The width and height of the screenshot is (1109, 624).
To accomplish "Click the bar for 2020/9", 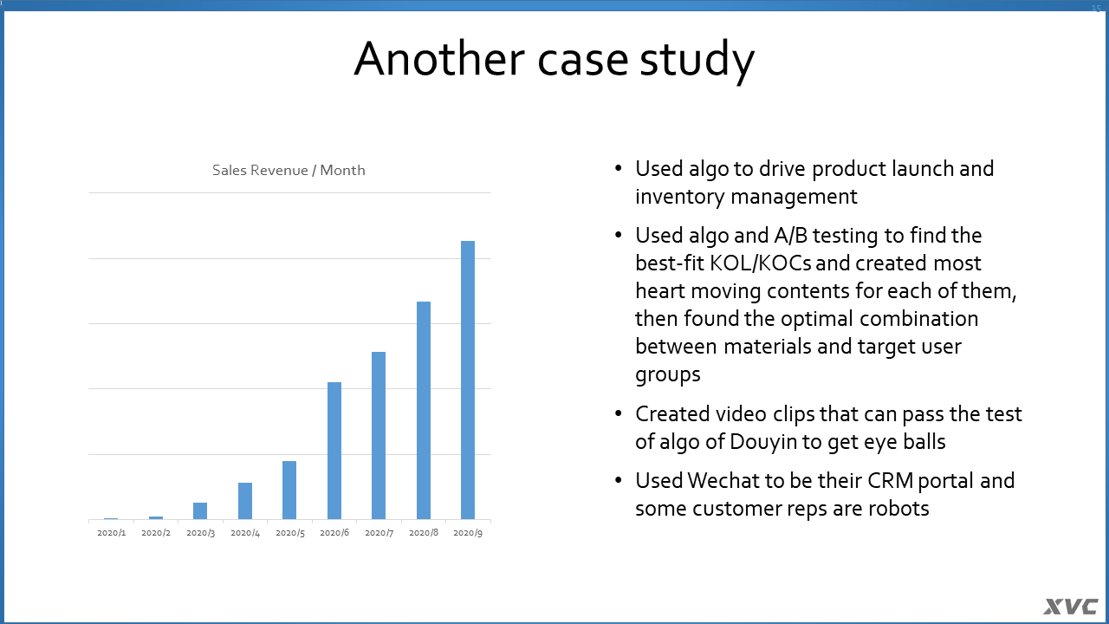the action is click(x=468, y=380).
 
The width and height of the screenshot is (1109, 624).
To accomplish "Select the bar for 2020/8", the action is click(x=424, y=410).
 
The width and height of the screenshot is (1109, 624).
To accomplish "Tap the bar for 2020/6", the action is click(x=334, y=451).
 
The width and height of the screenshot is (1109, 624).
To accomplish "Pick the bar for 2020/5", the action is click(x=289, y=491).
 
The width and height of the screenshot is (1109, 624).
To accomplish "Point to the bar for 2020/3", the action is click(x=200, y=511).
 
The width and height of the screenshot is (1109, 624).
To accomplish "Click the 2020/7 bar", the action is click(x=379, y=435).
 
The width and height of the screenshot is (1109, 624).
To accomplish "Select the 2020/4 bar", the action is click(x=245, y=501).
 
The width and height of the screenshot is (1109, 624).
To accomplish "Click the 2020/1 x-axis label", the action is click(x=112, y=533).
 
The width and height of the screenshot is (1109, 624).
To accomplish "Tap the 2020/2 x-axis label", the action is click(x=156, y=533).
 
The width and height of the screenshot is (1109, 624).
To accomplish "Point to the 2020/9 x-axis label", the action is click(x=468, y=533).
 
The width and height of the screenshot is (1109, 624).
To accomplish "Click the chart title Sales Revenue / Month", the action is click(x=289, y=171).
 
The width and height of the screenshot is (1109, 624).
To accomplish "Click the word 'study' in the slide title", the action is click(x=697, y=61).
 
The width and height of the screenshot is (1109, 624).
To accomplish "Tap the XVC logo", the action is click(x=1070, y=608).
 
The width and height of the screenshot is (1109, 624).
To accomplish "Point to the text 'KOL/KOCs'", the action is click(x=760, y=263).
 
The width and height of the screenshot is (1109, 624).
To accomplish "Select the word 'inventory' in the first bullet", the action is click(x=680, y=197).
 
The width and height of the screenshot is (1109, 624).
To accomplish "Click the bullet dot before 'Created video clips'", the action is click(x=618, y=413).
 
